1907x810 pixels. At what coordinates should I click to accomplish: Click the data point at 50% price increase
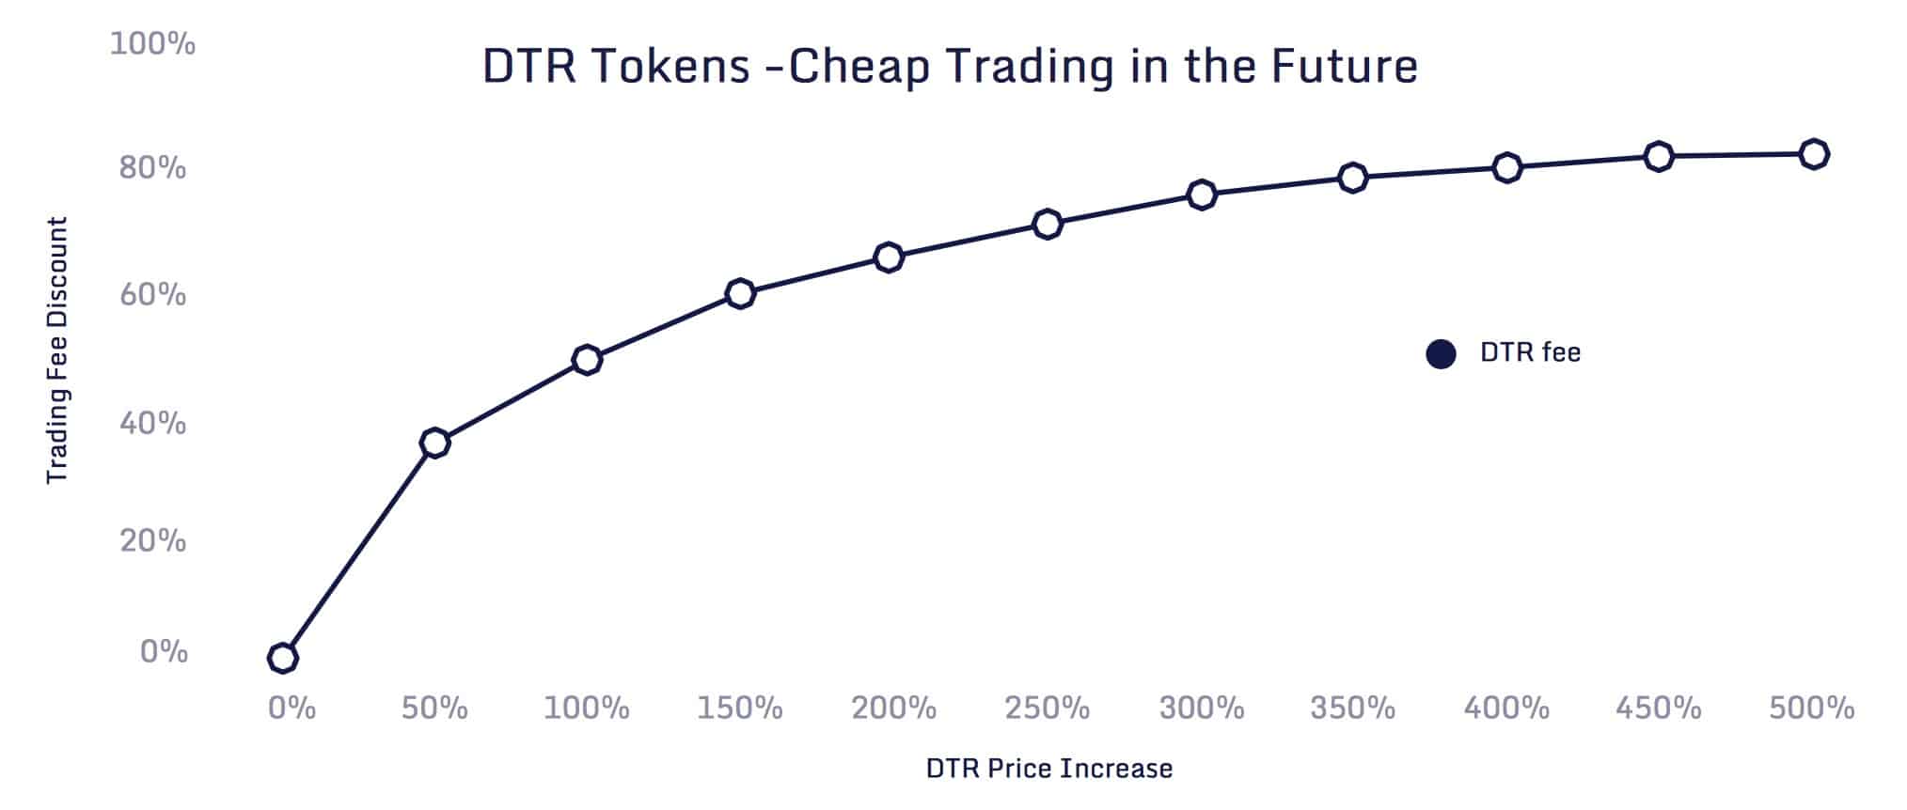click(434, 443)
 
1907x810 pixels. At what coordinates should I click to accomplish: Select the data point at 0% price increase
click(282, 658)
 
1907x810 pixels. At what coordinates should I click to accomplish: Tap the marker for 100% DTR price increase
click(587, 360)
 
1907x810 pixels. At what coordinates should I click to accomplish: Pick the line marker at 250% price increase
click(1047, 224)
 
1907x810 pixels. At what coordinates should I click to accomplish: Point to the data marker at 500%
click(1814, 154)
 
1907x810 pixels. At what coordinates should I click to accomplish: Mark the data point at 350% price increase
click(1352, 177)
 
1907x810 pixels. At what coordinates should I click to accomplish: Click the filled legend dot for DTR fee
click(1441, 354)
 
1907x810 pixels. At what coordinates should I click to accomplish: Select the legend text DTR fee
click(1530, 353)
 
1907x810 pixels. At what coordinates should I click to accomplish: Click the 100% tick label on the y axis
click(152, 43)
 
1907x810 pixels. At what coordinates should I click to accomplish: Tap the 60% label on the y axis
click(152, 295)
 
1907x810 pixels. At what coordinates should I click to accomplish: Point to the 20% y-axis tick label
click(152, 541)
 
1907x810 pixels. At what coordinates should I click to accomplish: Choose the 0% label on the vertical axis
click(164, 652)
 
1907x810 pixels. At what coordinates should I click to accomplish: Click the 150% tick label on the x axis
click(740, 708)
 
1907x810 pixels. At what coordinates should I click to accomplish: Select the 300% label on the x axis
click(1202, 708)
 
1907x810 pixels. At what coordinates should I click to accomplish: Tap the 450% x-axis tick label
click(1659, 708)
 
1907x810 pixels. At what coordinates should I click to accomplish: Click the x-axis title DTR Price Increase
click(1049, 769)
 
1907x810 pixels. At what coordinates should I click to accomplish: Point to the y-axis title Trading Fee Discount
click(57, 350)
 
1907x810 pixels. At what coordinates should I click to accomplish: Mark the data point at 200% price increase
click(889, 257)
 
